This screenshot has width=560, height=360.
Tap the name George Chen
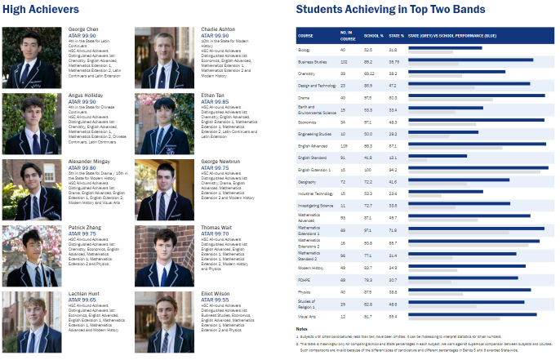pyautogui.click(x=83, y=29)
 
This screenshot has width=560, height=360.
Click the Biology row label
pyautogui.click(x=305, y=49)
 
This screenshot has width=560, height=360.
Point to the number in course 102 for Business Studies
pyautogui.click(x=344, y=61)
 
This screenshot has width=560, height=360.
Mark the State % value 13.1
pyautogui.click(x=393, y=158)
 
